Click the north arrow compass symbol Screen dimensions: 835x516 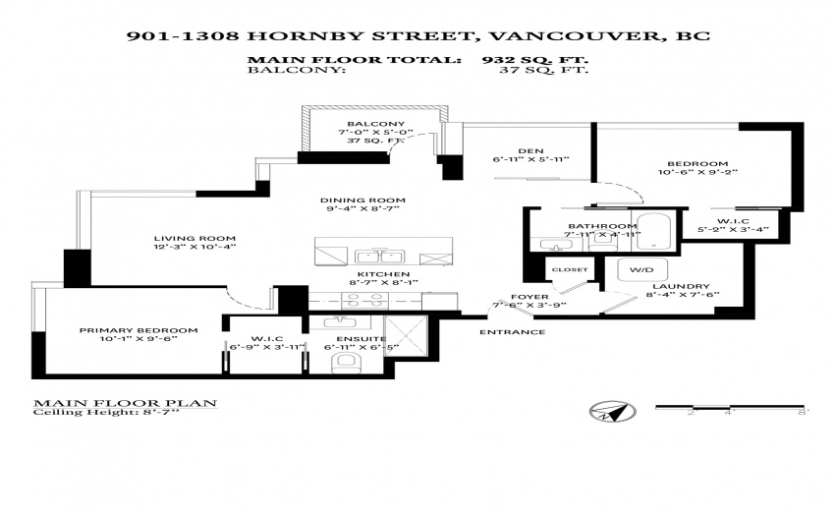click(x=613, y=412)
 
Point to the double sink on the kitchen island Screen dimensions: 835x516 click(x=379, y=257)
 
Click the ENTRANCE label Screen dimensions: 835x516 click(x=512, y=332)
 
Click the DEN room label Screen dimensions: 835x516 click(x=530, y=150)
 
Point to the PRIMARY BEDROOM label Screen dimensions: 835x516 click(x=139, y=330)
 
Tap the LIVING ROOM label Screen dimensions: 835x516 click(x=195, y=239)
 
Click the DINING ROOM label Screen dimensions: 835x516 click(x=362, y=201)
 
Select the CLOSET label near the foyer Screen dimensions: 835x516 click(x=570, y=269)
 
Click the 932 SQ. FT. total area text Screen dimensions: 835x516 click(x=535, y=60)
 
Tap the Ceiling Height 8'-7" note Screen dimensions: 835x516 click(x=106, y=412)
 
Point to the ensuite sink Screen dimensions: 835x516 click(x=340, y=322)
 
